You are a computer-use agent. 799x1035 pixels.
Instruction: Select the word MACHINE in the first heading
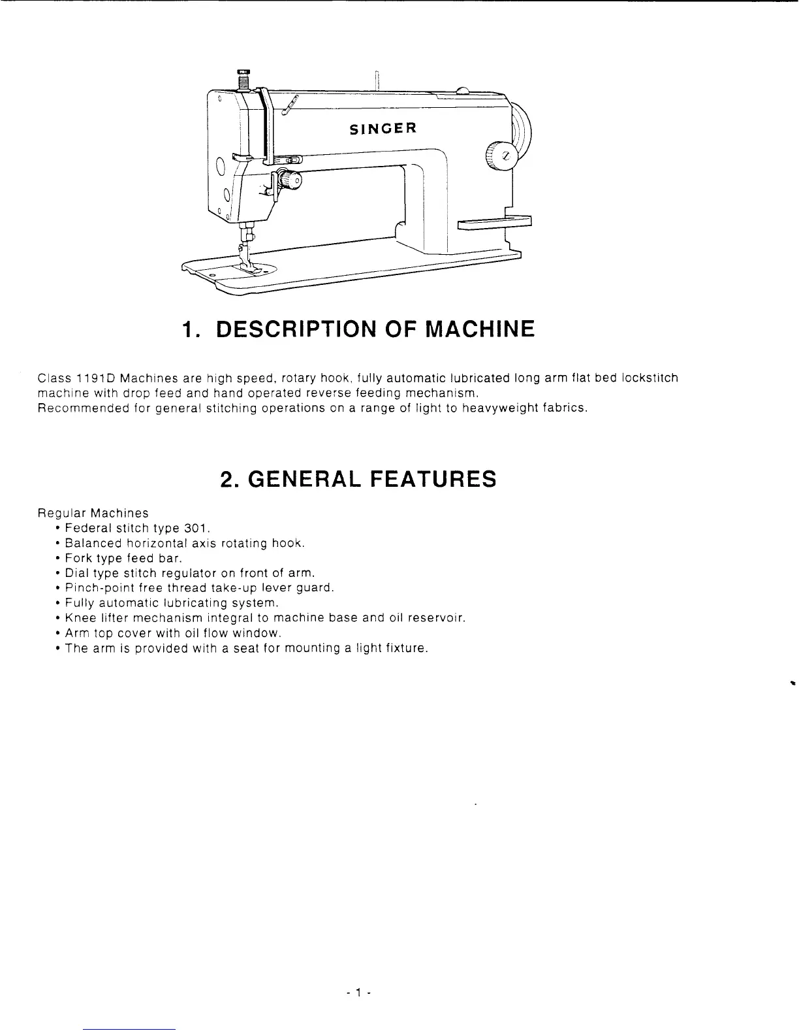[x=480, y=329]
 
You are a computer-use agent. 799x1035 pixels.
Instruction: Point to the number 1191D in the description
[x=96, y=378]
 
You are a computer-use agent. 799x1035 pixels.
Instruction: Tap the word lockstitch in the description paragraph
[x=650, y=378]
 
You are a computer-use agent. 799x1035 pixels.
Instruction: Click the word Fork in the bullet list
[x=78, y=558]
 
